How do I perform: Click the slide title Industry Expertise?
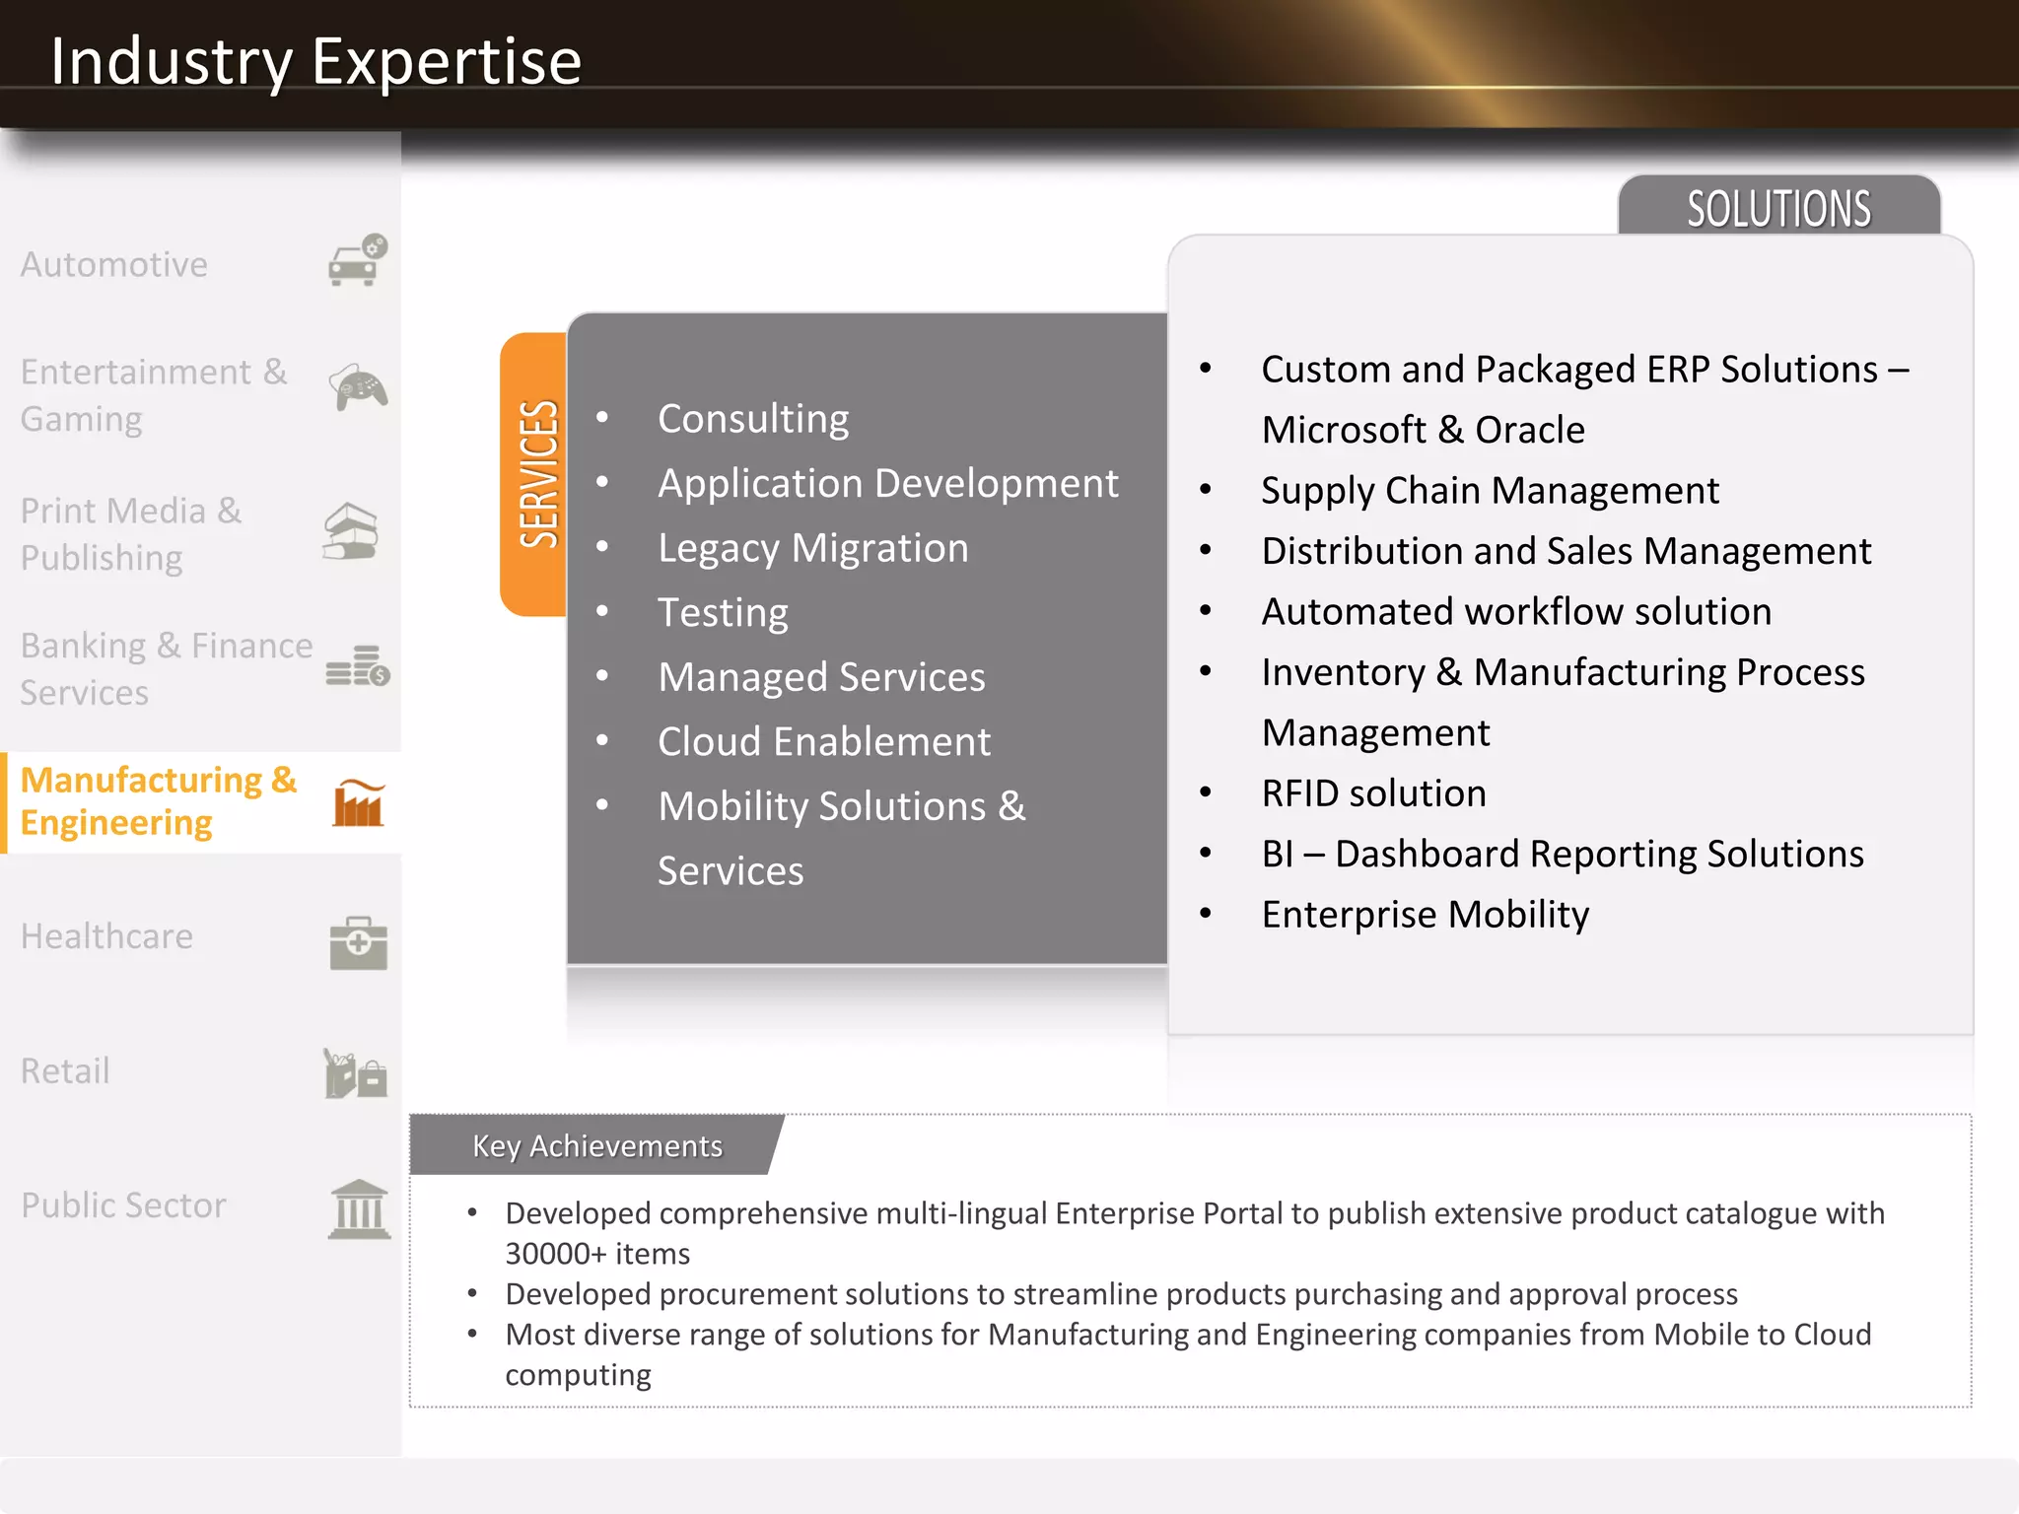[x=315, y=61]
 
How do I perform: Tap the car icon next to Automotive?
[x=357, y=261]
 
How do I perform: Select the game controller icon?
[x=357, y=387]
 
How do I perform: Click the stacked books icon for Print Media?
[x=351, y=532]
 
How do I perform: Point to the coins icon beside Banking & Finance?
[x=357, y=666]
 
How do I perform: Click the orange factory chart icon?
[x=358, y=802]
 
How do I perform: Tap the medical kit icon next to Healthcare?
[x=358, y=942]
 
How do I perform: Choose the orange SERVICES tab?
[x=536, y=474]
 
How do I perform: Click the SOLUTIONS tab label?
[x=1778, y=208]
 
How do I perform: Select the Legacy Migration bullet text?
[x=812, y=548]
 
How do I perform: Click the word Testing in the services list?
[x=723, y=612]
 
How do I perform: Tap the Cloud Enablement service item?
[x=823, y=741]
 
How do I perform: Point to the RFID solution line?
[x=1373, y=793]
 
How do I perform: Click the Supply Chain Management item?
[x=1490, y=490]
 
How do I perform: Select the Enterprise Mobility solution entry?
[x=1425, y=915]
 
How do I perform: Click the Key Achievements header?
[x=597, y=1145]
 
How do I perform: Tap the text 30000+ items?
[x=597, y=1254]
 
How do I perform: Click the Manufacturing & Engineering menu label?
[x=158, y=801]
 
